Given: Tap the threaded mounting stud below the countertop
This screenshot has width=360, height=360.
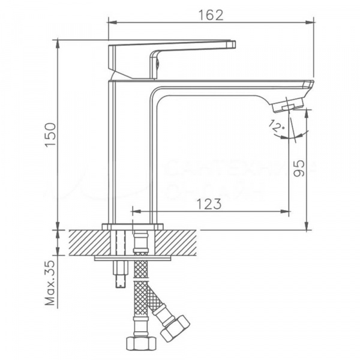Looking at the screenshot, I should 118,273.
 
